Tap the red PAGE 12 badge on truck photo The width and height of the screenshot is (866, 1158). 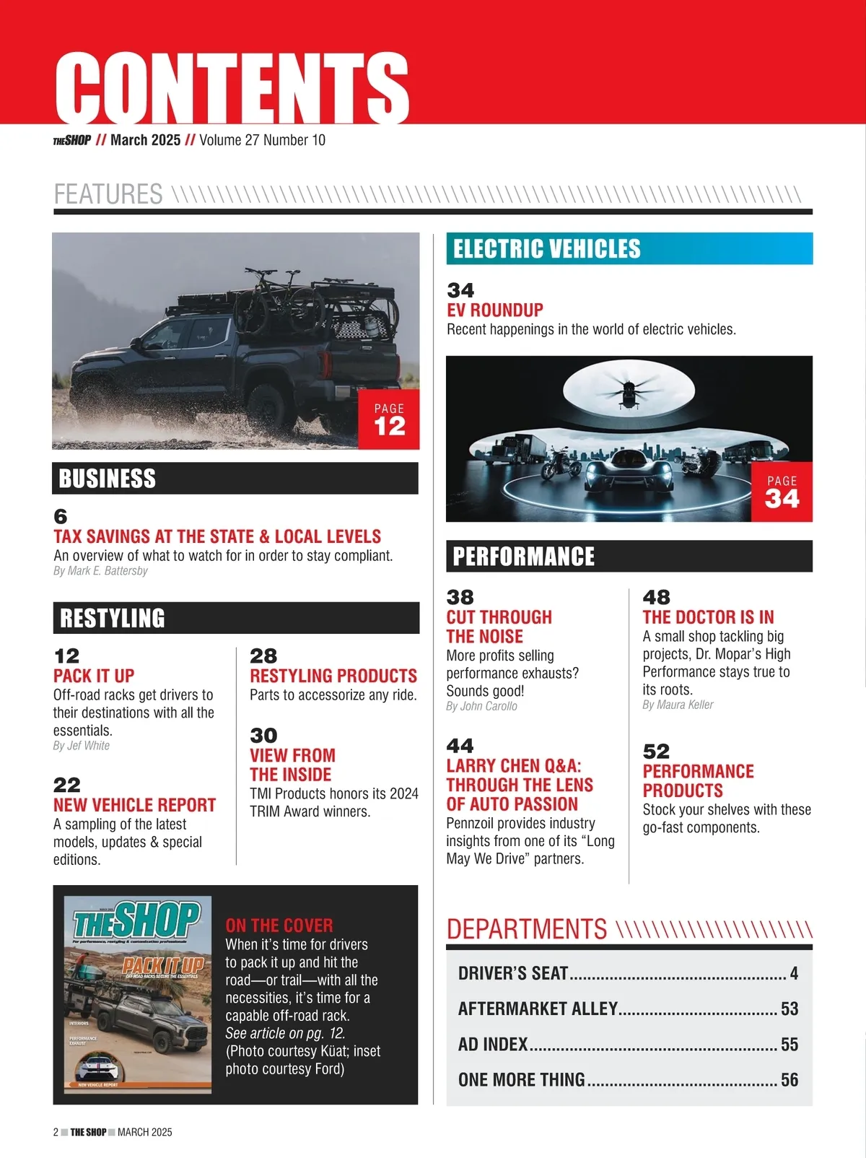pyautogui.click(x=389, y=419)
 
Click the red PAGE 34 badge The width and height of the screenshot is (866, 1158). pyautogui.click(x=782, y=492)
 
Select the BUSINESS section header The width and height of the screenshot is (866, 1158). pyautogui.click(x=107, y=479)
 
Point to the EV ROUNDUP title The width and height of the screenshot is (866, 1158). pyautogui.click(x=495, y=310)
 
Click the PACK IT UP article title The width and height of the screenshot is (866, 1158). pyautogui.click(x=94, y=676)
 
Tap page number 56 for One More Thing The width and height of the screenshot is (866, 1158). pyautogui.click(x=790, y=1080)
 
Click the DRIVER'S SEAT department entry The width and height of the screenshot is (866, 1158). pyautogui.click(x=513, y=974)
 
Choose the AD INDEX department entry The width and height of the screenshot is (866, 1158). pyautogui.click(x=493, y=1045)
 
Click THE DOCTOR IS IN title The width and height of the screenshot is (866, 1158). pyautogui.click(x=708, y=617)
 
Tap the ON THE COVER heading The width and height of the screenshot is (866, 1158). pyautogui.click(x=279, y=926)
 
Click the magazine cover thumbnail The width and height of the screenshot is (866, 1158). pyautogui.click(x=138, y=995)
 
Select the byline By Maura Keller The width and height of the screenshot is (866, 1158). pyautogui.click(x=678, y=705)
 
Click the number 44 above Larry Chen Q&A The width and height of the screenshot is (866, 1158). pyautogui.click(x=460, y=746)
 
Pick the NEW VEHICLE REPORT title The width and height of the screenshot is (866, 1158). pyautogui.click(x=134, y=805)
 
